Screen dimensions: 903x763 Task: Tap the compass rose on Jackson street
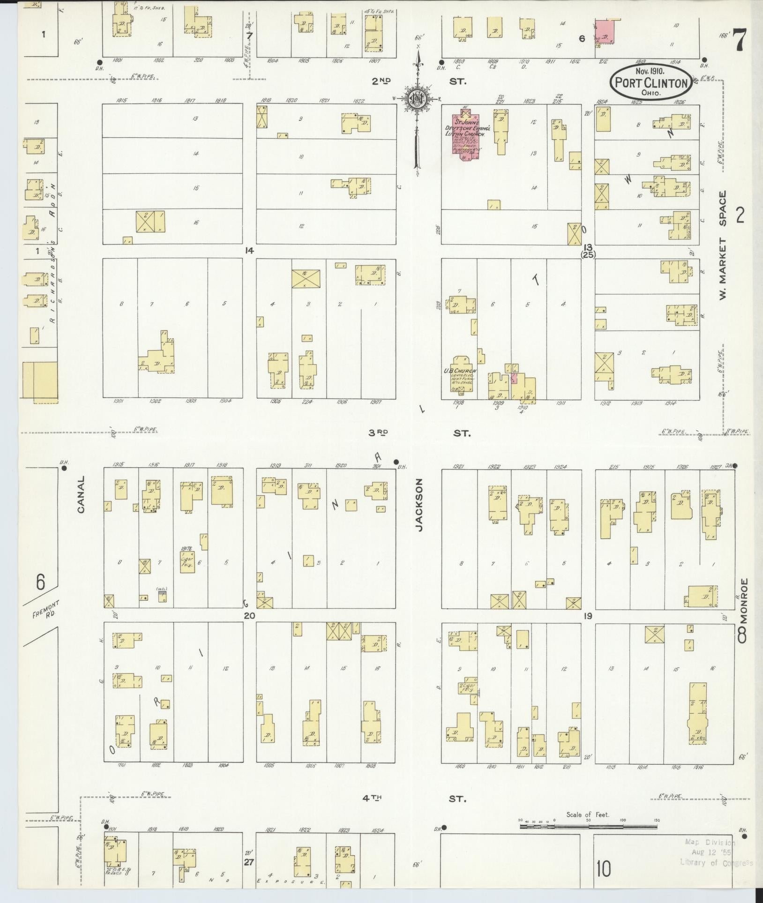pos(416,98)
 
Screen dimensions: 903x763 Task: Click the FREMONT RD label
pos(44,612)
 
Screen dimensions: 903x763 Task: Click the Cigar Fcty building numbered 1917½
pos(187,562)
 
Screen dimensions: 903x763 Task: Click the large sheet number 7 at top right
pos(739,40)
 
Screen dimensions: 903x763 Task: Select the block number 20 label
pos(249,615)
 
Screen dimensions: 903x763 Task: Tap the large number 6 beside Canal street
pos(41,583)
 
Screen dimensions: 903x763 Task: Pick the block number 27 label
pos(249,861)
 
